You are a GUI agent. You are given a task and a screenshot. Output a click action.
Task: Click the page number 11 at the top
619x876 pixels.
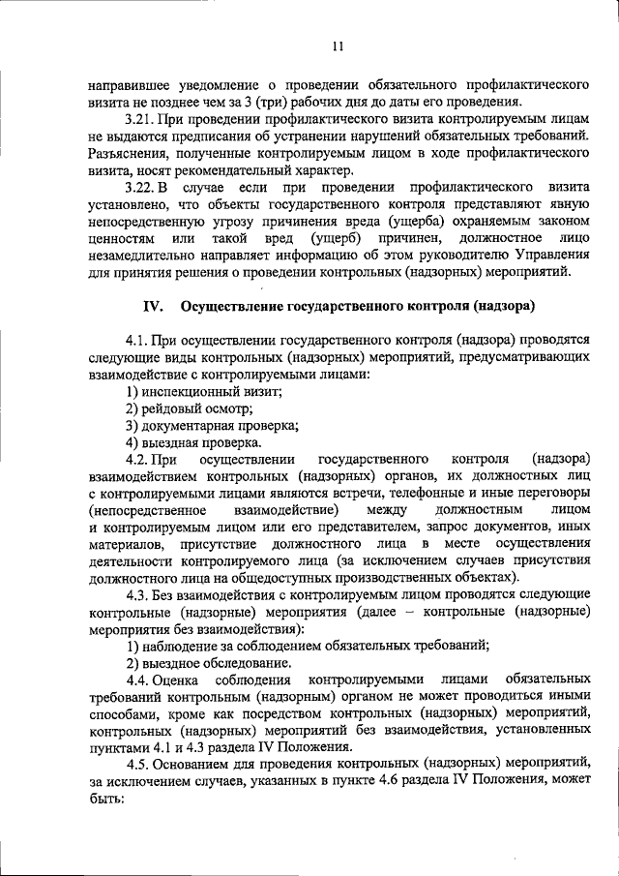pos(336,45)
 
